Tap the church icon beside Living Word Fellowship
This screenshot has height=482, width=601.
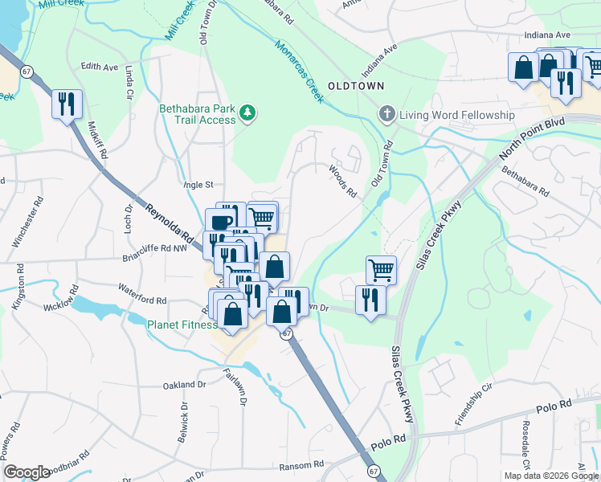click(387, 115)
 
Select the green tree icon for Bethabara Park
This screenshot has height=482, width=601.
click(248, 113)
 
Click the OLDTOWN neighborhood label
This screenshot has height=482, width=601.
click(355, 85)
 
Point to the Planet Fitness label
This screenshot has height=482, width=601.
click(182, 325)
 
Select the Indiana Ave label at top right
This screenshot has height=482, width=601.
click(546, 35)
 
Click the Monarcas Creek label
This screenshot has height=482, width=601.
click(298, 71)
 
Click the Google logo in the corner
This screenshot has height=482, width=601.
click(27, 472)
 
